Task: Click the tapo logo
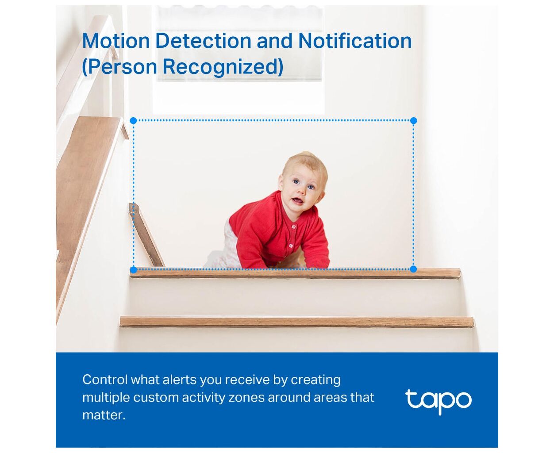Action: coord(438,402)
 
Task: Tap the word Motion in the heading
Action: coord(116,41)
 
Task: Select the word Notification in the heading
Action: coord(354,41)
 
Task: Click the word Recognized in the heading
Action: coord(223,67)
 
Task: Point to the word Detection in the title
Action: coord(203,41)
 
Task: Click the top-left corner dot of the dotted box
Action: coord(134,121)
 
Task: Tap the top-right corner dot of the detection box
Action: coord(413,120)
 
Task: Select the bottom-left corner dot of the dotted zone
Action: coord(134,269)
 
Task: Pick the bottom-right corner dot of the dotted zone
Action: coord(413,269)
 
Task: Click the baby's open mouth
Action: coord(296,201)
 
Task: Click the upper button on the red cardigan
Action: coord(294,226)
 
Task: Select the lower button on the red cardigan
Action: coord(291,246)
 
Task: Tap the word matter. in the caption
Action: coord(104,415)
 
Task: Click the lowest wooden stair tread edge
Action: coord(297,322)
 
